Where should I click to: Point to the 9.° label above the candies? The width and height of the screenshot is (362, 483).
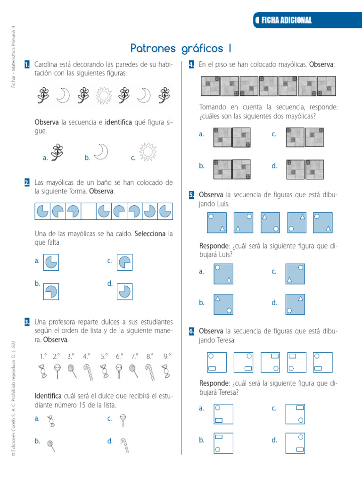tap(167, 357)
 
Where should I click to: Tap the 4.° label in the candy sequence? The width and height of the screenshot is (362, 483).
tap(86, 357)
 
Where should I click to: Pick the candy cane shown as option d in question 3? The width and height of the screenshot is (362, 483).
tap(124, 445)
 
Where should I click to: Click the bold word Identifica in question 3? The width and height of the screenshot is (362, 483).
tap(48, 395)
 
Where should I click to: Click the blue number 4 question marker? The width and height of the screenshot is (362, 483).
tap(192, 64)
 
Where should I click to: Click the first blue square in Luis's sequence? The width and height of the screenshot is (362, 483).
tap(217, 223)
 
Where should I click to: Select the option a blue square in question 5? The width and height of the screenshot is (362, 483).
tap(223, 274)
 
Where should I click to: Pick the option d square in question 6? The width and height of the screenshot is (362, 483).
tap(295, 443)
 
